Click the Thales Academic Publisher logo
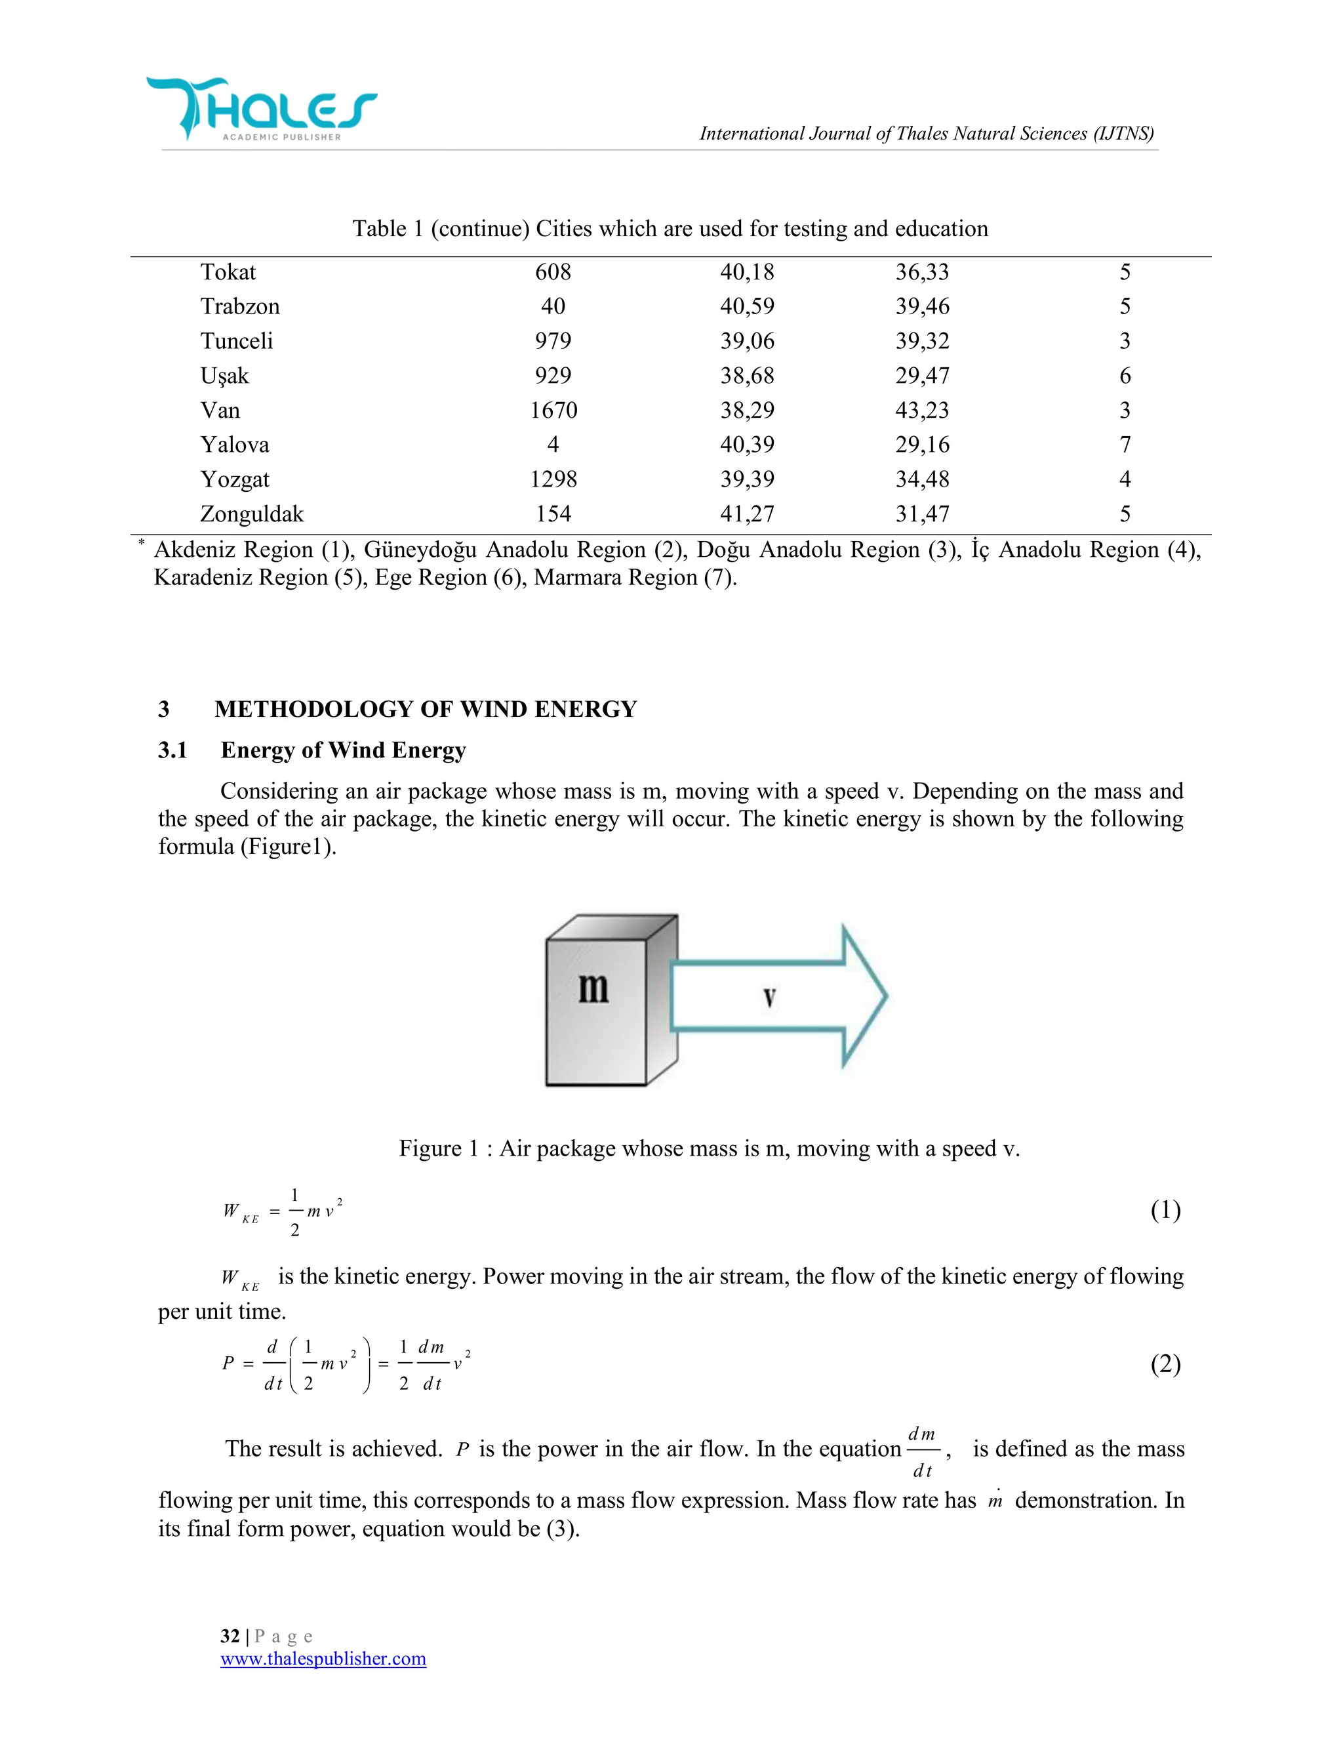pos(261,110)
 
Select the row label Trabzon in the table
pos(239,306)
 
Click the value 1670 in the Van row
pos(553,410)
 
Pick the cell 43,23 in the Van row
pos(921,410)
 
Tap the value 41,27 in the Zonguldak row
pos(746,514)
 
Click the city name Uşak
pos(224,376)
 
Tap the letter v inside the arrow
pos(769,996)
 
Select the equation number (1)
pos(1165,1211)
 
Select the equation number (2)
pos(1165,1364)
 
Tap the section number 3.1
pos(172,750)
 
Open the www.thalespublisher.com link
pos(323,1659)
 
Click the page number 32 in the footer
pos(230,1636)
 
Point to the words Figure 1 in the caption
pos(439,1148)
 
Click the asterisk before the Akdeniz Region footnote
pos(141,543)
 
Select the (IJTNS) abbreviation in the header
pos(1123,134)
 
